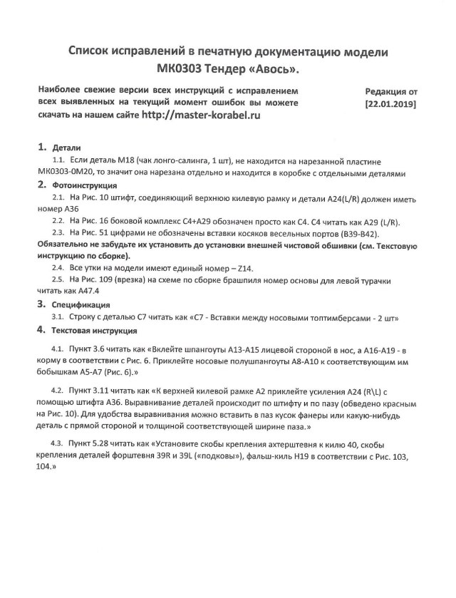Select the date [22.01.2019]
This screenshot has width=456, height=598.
click(x=390, y=103)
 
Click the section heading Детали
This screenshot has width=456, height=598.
click(x=66, y=148)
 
